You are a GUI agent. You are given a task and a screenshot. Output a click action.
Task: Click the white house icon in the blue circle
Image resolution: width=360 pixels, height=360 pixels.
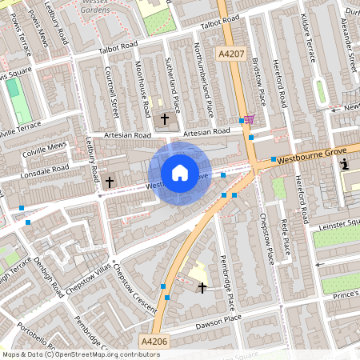(180, 172)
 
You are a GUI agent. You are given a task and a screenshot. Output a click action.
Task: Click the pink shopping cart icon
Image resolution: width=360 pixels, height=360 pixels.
(250, 119)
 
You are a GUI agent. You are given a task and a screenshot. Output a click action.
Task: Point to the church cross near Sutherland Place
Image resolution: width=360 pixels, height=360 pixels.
(165, 119)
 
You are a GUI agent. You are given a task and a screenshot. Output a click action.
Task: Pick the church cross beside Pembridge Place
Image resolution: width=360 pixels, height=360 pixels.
(202, 286)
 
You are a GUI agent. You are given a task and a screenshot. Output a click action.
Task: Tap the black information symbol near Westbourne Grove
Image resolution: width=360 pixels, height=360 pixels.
(345, 165)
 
